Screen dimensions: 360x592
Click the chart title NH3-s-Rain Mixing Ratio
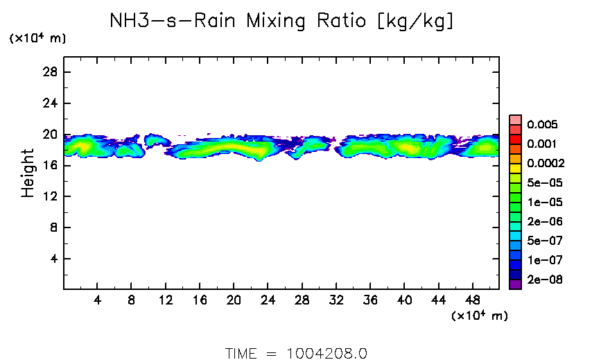(282, 22)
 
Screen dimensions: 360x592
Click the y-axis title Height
(28, 173)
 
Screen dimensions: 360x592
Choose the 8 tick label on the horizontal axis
(131, 300)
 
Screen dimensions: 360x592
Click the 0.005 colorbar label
(541, 125)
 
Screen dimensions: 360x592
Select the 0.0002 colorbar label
(546, 164)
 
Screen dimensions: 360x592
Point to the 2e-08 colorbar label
(544, 280)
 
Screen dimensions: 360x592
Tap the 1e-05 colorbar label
(544, 203)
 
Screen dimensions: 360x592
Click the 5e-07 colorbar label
(544, 241)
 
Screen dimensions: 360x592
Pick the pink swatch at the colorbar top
(515, 119)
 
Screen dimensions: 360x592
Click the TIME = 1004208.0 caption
(296, 352)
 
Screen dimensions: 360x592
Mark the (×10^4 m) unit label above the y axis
(37, 39)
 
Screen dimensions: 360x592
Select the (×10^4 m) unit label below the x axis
(479, 316)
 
